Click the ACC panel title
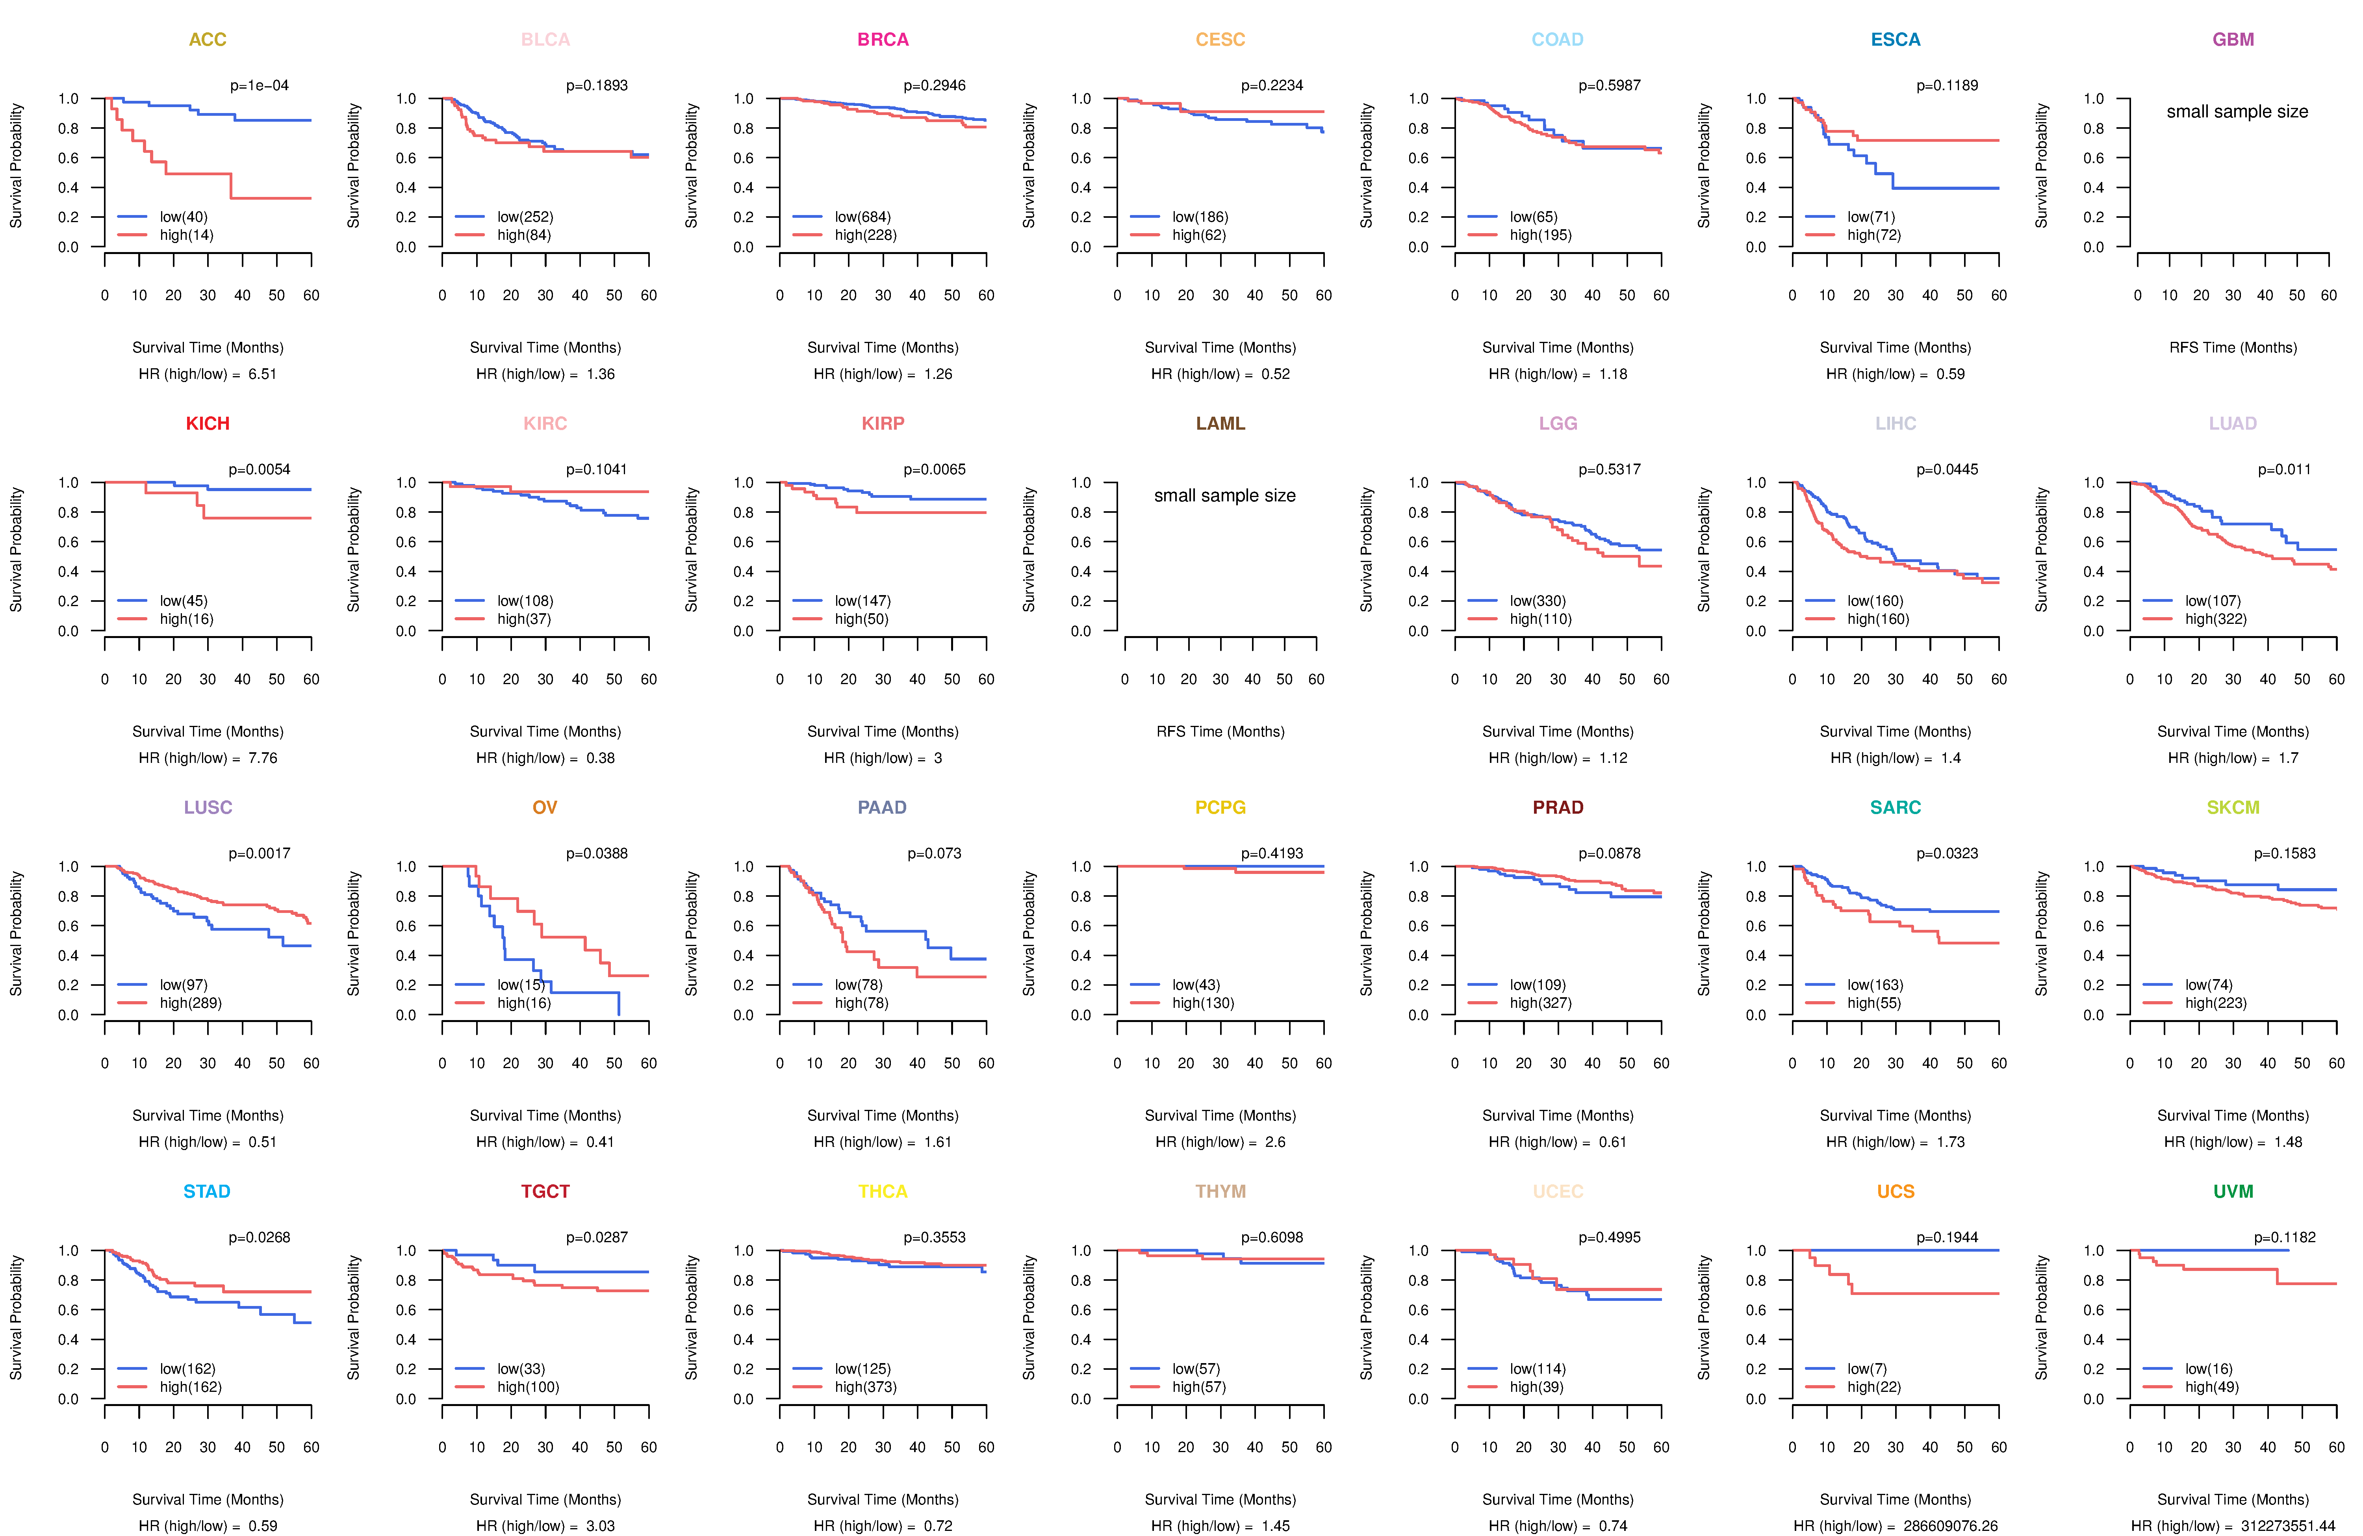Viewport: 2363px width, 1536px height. pyautogui.click(x=208, y=40)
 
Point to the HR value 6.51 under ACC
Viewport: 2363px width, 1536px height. pyautogui.click(x=262, y=374)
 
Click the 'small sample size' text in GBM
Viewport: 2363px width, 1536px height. pyautogui.click(x=2237, y=111)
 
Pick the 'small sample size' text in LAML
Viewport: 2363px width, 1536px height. pyautogui.click(x=1224, y=495)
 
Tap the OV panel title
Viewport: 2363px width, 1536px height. pyautogui.click(x=545, y=807)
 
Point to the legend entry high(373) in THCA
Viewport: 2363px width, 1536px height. pyautogui.click(x=866, y=1387)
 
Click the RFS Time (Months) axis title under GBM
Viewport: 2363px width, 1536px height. pyautogui.click(x=2233, y=347)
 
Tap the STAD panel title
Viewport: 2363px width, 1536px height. pyautogui.click(x=206, y=1191)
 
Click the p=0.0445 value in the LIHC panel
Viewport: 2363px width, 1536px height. pyautogui.click(x=1947, y=469)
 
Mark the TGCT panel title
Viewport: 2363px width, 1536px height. pyautogui.click(x=545, y=1191)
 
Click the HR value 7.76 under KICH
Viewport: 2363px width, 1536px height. pyautogui.click(x=262, y=759)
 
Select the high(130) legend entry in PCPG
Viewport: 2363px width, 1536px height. pyautogui.click(x=1203, y=1003)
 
